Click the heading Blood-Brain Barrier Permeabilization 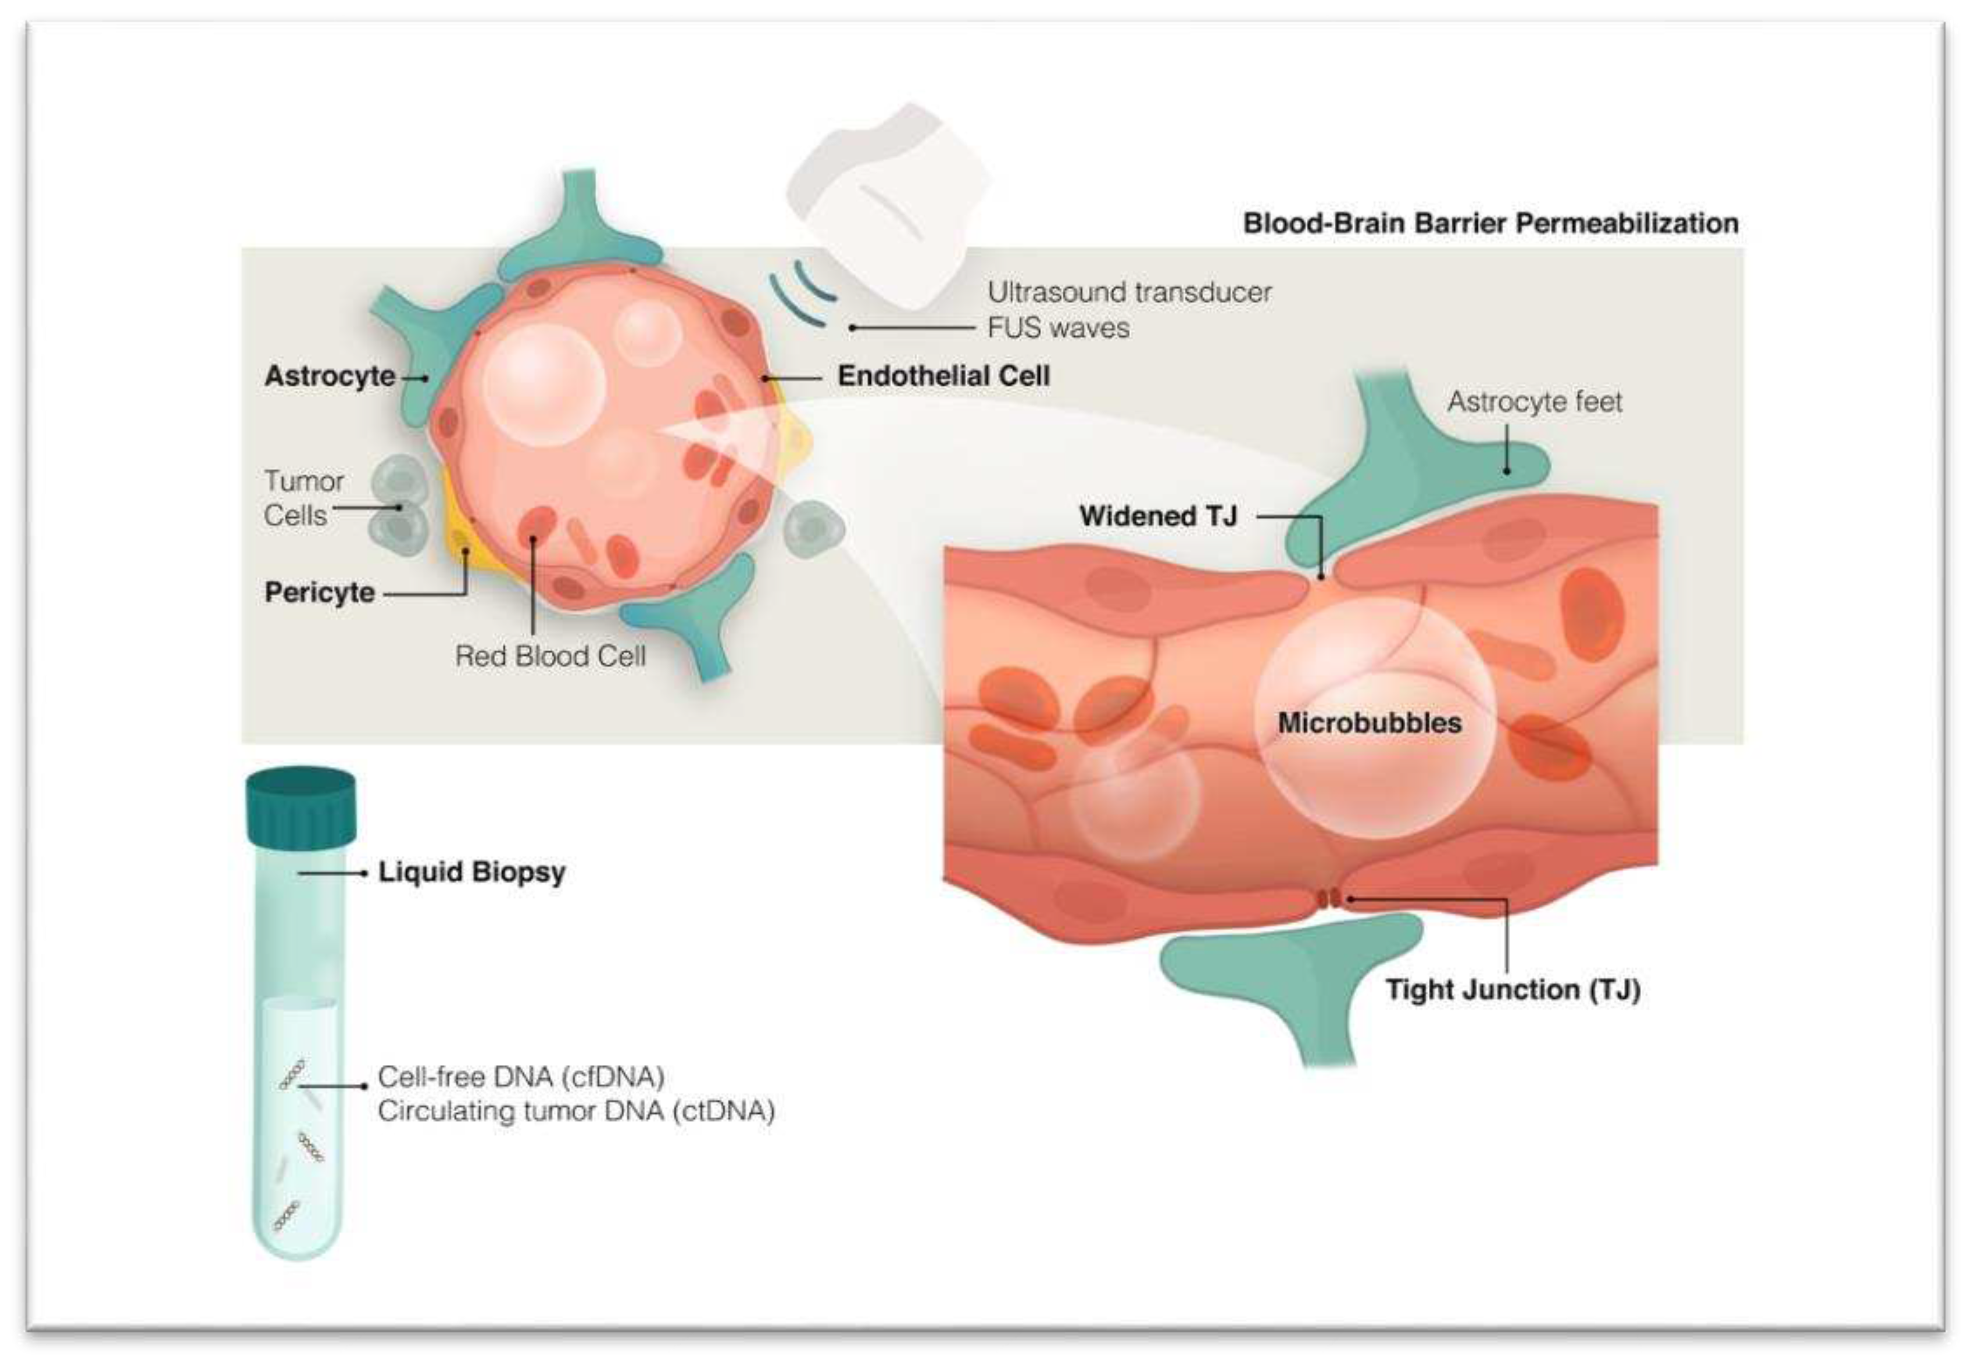coord(1490,223)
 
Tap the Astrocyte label coord(330,376)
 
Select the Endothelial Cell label coord(943,376)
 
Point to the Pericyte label coord(320,592)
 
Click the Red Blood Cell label coord(550,655)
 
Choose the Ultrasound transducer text coord(1129,292)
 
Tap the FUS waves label coord(1058,328)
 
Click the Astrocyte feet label coord(1535,401)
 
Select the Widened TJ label coord(1157,515)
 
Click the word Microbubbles coord(1369,723)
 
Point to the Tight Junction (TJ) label coord(1513,989)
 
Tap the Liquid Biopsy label coord(471,872)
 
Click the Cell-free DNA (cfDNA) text coord(521,1076)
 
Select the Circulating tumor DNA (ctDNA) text coord(576,1111)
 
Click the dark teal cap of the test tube coord(300,805)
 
